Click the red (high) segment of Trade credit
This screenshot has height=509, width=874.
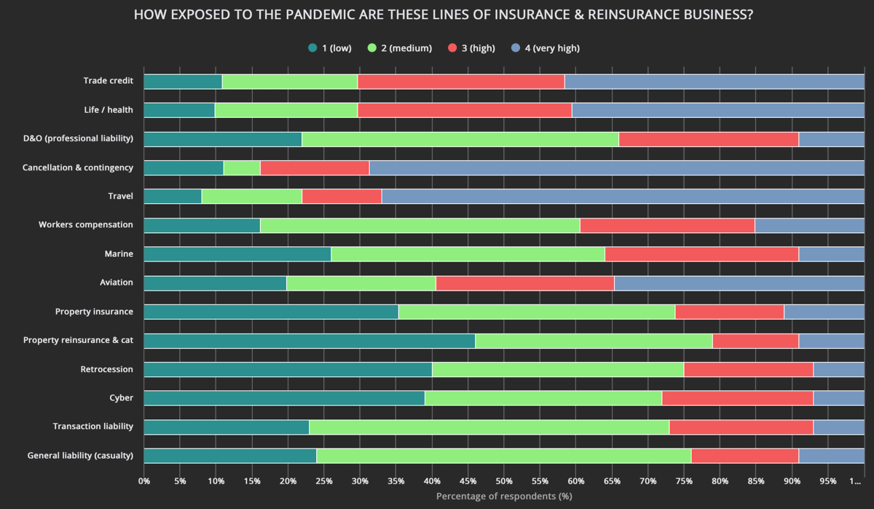(x=461, y=82)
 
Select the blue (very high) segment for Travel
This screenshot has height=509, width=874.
(x=623, y=197)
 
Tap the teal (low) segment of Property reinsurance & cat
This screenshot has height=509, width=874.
(x=310, y=341)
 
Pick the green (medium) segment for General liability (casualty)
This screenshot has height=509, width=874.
(x=503, y=456)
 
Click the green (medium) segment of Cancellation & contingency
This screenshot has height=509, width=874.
(x=242, y=168)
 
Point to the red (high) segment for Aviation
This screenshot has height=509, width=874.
(x=525, y=283)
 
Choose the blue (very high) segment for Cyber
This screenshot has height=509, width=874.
(x=838, y=398)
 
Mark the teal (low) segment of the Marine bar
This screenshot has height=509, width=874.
(x=237, y=254)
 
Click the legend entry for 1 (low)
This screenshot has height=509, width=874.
(x=330, y=48)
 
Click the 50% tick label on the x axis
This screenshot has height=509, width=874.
(x=504, y=481)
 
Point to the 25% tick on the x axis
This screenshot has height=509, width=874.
(x=324, y=481)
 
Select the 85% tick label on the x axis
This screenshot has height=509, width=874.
(x=756, y=481)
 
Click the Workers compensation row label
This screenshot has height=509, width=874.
(x=86, y=225)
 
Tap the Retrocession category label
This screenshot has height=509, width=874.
(x=106, y=369)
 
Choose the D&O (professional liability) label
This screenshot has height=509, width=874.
(x=78, y=139)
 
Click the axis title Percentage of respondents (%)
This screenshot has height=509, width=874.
(x=504, y=497)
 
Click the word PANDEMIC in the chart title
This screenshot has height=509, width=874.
(x=288, y=15)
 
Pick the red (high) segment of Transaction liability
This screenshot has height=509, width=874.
(x=741, y=427)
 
